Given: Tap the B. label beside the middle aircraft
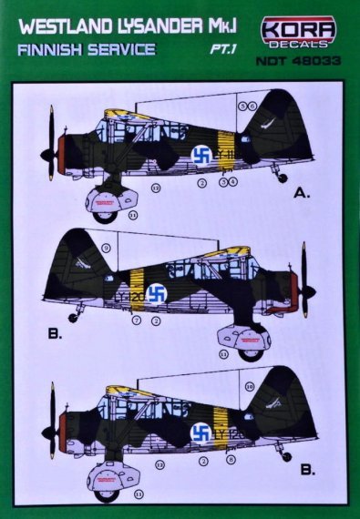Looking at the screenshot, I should click(x=55, y=335).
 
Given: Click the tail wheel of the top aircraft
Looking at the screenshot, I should click(x=283, y=178).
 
